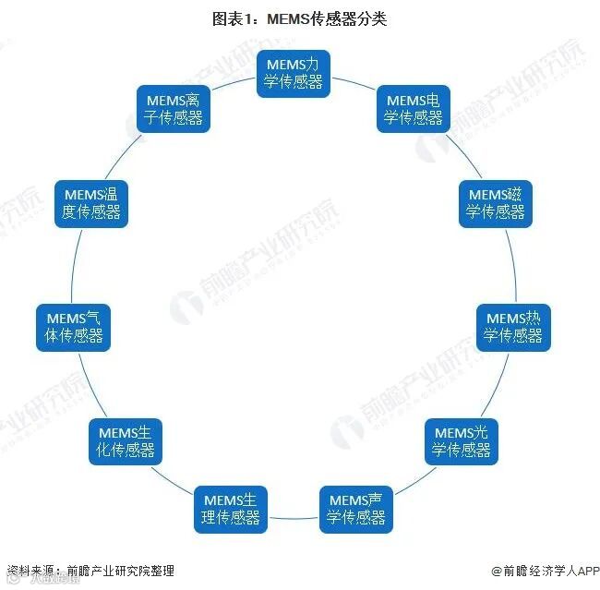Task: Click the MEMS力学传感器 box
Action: coord(294,73)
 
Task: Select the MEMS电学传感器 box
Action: coord(414,108)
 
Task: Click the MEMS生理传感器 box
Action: coord(231,509)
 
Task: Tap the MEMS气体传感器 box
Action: coord(74,326)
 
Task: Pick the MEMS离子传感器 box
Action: coord(174,108)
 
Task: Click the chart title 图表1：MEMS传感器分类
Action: coord(299,19)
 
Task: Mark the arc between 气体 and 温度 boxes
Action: coord(76,264)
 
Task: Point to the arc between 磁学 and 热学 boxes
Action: coord(511,264)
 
